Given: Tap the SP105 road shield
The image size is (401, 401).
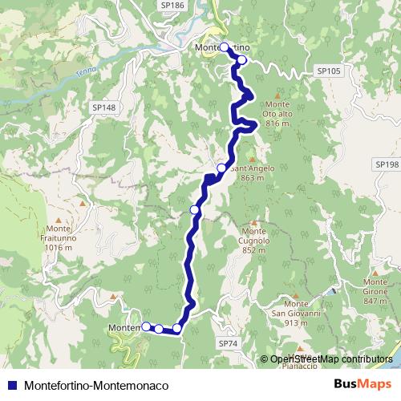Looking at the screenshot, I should tap(329, 71).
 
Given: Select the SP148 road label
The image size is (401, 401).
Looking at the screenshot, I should tap(104, 107).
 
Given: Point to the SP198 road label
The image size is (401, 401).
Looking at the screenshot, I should tap(387, 164).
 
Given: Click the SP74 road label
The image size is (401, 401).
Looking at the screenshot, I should tap(229, 342).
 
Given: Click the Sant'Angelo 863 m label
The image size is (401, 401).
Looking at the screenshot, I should tap(253, 173).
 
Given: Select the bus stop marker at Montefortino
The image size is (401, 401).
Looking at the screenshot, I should tap(224, 47).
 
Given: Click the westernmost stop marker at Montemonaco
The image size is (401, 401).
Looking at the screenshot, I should tap(146, 326).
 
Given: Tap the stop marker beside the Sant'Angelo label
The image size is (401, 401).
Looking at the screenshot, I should tap(221, 168).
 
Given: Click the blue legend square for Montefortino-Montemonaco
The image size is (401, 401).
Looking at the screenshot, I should tap(13, 385).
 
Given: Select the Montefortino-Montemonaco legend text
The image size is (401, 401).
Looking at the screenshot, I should tap(97, 385).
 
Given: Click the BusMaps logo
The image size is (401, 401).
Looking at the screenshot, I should tap(357, 384).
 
